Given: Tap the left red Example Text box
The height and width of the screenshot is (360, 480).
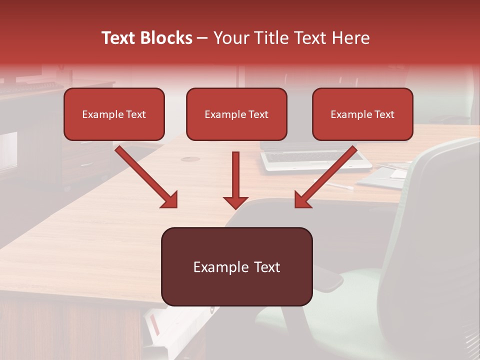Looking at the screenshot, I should tap(114, 114).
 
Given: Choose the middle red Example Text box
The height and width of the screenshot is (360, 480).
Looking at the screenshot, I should tap(236, 114).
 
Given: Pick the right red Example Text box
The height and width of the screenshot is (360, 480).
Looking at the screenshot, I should tap(362, 114).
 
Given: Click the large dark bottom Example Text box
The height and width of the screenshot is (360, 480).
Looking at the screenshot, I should tap(236, 267).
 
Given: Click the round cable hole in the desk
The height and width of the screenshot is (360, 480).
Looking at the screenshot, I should tap(189, 159).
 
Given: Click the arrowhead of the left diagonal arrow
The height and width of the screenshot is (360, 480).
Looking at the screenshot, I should tap(169, 200).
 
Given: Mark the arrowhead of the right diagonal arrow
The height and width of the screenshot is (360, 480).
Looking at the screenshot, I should tap(303, 200).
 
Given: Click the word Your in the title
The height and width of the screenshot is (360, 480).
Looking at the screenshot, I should tap(230, 38).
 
